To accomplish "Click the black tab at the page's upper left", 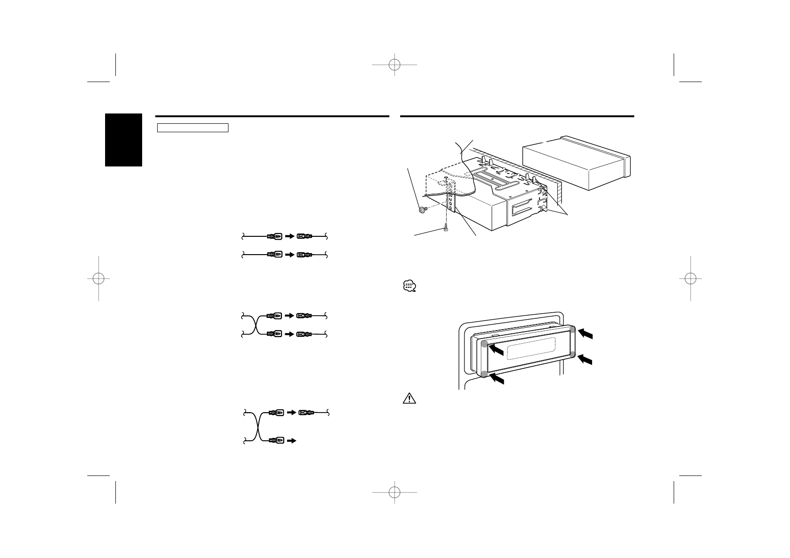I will coord(123,140).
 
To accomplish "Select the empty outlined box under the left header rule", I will coord(192,128).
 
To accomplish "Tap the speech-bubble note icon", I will coord(410,286).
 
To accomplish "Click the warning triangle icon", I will coord(410,399).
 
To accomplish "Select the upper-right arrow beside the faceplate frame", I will coord(585,333).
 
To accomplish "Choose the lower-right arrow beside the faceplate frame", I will coord(585,359).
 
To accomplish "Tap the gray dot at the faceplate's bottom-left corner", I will coord(484,374).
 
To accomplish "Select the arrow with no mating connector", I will coord(291,441).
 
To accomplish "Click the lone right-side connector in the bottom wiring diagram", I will coord(307,413).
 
